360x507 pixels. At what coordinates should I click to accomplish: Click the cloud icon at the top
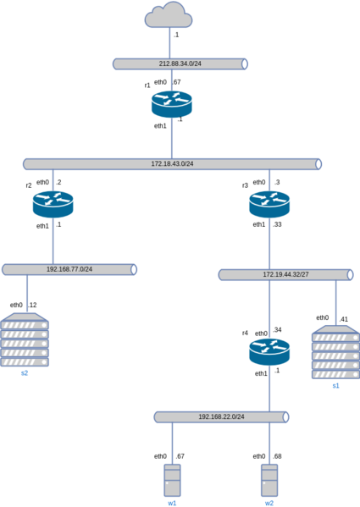pyautogui.click(x=169, y=15)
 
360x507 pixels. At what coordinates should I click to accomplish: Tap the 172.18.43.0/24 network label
pyautogui.click(x=172, y=163)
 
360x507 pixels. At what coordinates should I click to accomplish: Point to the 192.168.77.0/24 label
pyautogui.click(x=69, y=269)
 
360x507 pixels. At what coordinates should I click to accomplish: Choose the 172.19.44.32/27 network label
pyautogui.click(x=285, y=275)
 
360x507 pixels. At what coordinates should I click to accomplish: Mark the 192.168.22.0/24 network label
pyautogui.click(x=221, y=417)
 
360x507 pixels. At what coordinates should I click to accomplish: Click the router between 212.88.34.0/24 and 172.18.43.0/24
pyautogui.click(x=172, y=103)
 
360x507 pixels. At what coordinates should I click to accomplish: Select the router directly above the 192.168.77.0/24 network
pyautogui.click(x=53, y=203)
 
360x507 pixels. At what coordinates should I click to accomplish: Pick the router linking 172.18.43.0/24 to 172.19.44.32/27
pyautogui.click(x=269, y=203)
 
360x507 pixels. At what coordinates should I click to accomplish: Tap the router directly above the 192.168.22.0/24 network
pyautogui.click(x=269, y=350)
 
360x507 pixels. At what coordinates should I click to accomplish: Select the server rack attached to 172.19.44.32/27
pyautogui.click(x=335, y=351)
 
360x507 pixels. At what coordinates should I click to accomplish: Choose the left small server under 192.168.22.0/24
pyautogui.click(x=172, y=480)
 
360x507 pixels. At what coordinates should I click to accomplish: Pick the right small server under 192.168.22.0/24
pyautogui.click(x=269, y=480)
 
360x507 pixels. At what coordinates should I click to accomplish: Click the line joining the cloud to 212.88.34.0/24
pyautogui.click(x=169, y=43)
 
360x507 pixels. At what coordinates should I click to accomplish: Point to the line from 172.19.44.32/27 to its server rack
pyautogui.click(x=335, y=302)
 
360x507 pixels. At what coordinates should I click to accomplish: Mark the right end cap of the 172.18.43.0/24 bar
pyautogui.click(x=318, y=163)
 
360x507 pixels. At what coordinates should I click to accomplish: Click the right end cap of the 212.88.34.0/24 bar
pyautogui.click(x=245, y=63)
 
